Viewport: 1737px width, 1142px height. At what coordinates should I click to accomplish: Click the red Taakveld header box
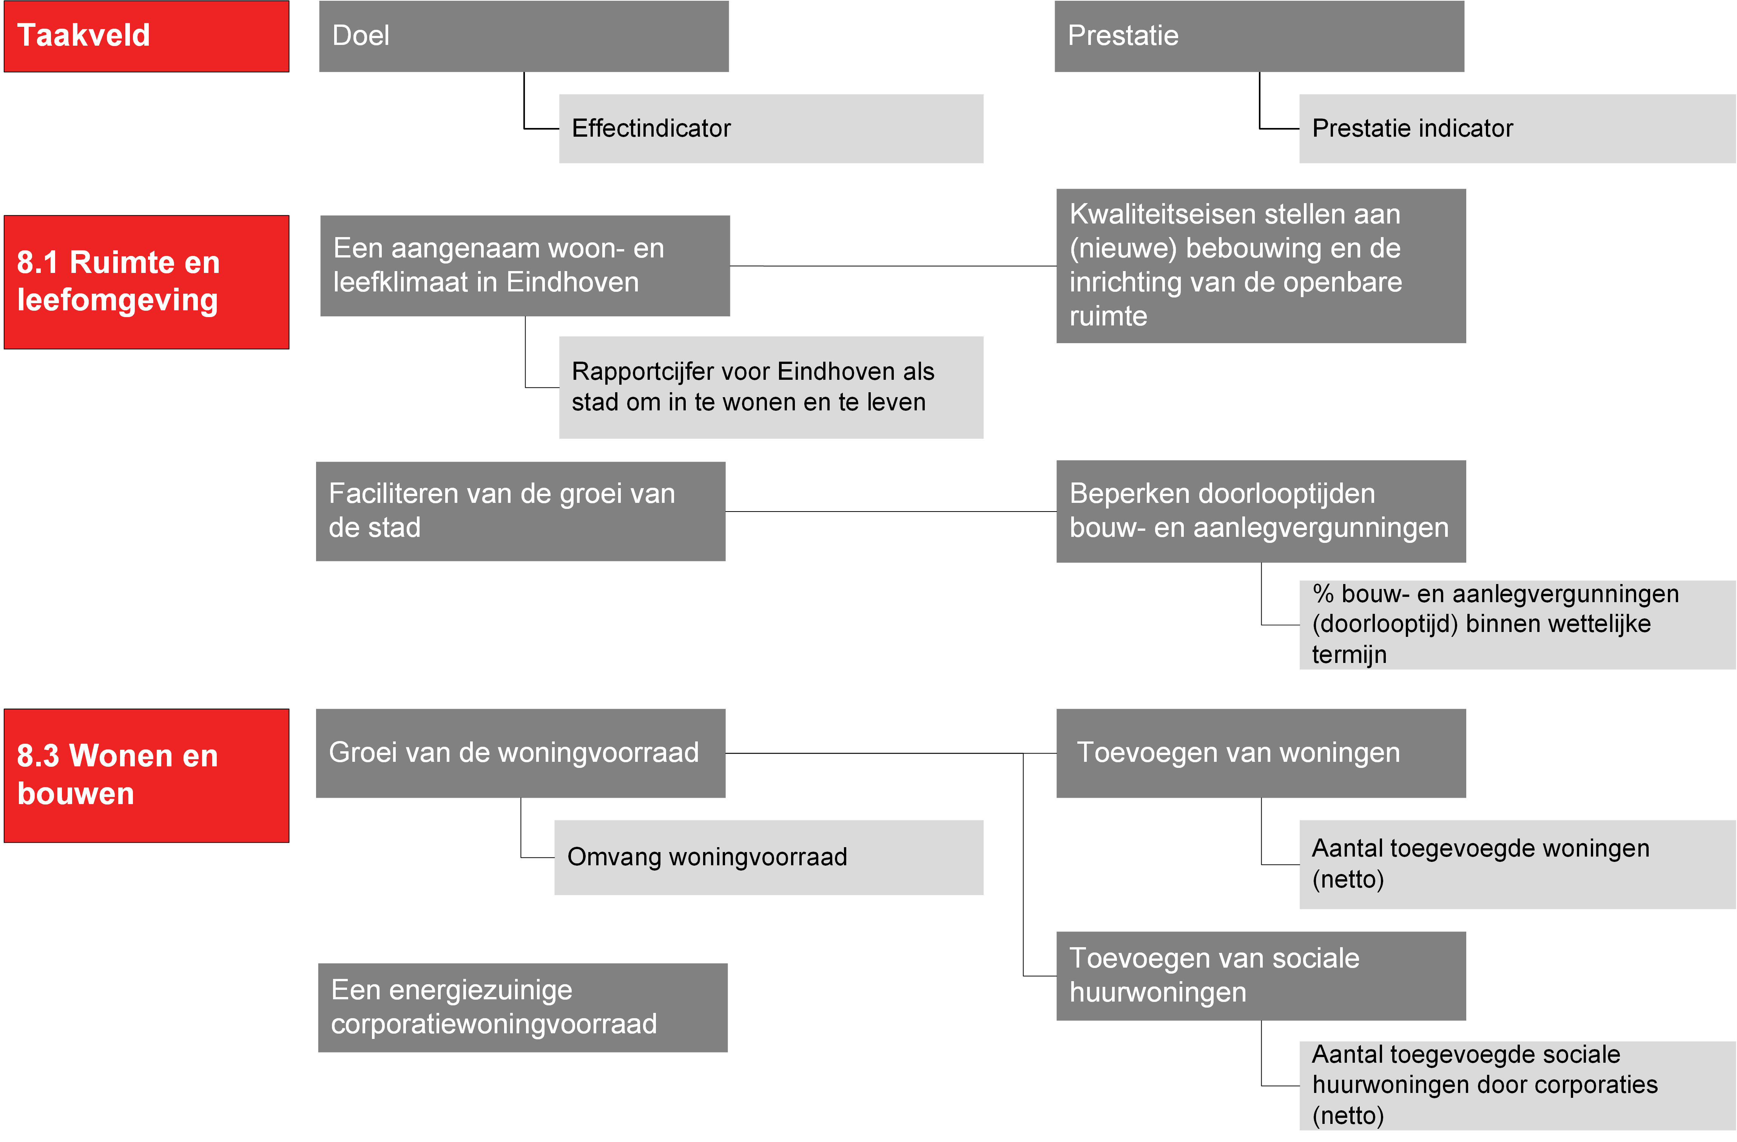147,37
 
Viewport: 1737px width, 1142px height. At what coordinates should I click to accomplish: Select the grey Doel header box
524,37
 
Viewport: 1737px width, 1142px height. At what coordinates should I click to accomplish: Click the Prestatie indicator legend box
1517,128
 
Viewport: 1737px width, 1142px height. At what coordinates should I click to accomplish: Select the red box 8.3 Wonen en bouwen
147,776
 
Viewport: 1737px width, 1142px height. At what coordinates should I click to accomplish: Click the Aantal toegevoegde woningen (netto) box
1517,865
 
